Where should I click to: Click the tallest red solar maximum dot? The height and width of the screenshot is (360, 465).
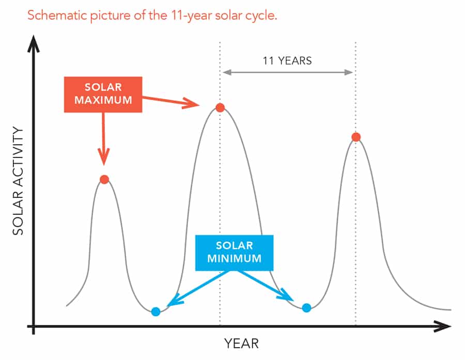coord(220,107)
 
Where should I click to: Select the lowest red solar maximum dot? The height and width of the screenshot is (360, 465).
coord(104,179)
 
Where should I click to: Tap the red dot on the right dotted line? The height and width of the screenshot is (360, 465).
coord(356,137)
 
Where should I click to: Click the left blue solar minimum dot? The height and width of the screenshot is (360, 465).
coord(156,311)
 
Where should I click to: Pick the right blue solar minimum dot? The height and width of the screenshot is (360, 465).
coord(306,308)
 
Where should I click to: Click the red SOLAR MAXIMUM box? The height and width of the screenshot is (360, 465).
coord(103,95)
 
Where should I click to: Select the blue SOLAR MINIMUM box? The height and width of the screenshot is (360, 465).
coord(234,253)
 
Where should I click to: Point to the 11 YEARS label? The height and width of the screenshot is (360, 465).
coord(287,61)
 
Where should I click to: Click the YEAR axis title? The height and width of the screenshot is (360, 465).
coord(241,343)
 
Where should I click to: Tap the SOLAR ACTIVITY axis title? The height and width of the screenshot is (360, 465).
coord(18,181)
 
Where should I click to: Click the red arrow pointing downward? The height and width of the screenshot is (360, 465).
coord(103,138)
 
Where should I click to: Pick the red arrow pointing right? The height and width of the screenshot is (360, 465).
coord(171,101)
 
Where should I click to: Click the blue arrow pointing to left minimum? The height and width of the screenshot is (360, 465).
coord(197,288)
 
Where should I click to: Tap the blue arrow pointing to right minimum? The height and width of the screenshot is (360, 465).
coord(266,286)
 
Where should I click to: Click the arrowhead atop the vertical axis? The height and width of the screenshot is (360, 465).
coord(34,44)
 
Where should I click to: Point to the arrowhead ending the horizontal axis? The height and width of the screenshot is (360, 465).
coord(442,326)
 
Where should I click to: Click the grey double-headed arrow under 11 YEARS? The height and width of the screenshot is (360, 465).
coord(288,72)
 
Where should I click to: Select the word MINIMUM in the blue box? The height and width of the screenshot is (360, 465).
coord(234,258)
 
